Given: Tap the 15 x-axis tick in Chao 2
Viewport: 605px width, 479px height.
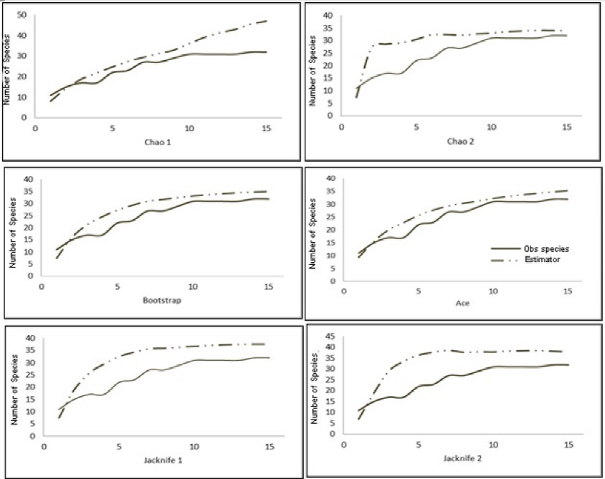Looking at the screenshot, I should point(566,127).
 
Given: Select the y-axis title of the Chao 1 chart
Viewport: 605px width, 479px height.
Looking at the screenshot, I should point(6,68).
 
